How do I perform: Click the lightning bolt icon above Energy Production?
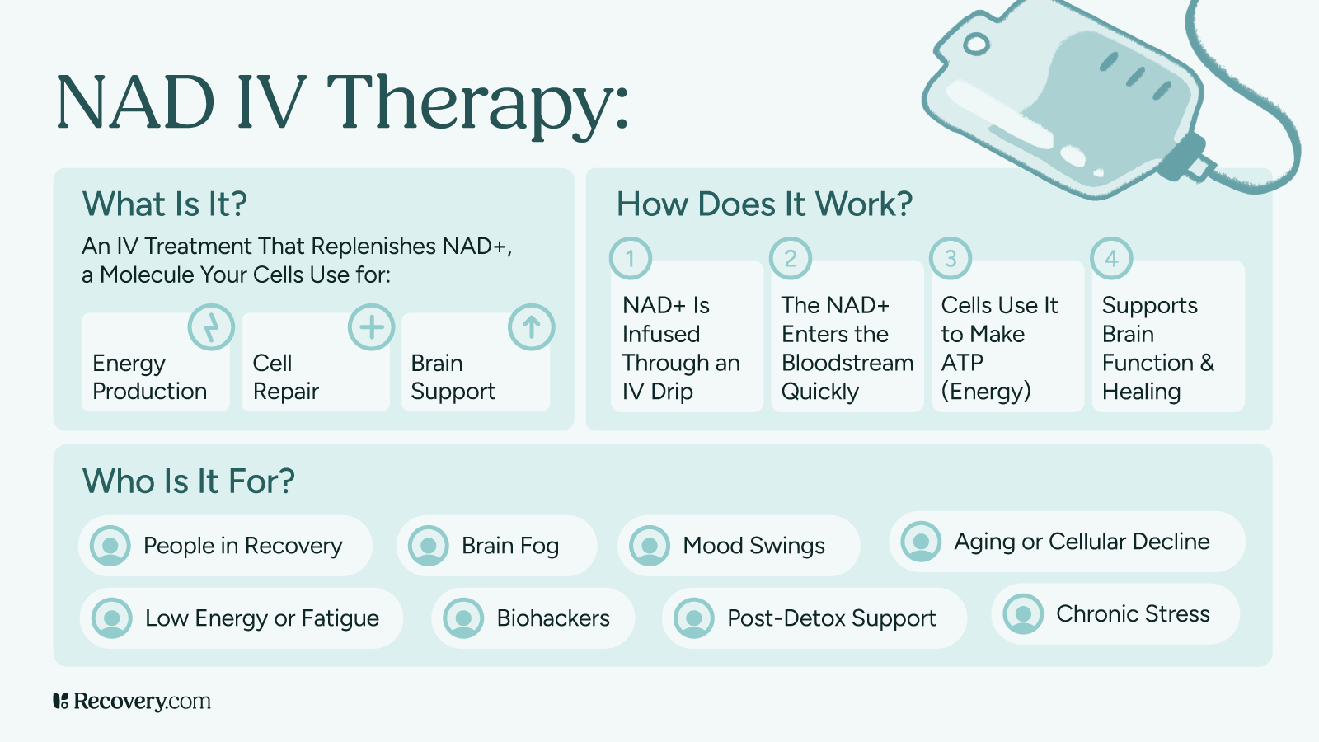211,327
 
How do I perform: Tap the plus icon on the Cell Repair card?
371,327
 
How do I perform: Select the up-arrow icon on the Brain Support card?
531,327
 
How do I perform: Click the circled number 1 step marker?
631,259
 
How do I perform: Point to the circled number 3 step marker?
951,259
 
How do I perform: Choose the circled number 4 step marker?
1111,259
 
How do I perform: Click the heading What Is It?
165,204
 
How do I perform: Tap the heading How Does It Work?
764,204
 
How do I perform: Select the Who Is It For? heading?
189,481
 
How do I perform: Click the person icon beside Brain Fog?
429,546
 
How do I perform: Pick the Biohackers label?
553,618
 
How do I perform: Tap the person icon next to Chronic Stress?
1023,614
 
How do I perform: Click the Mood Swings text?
753,546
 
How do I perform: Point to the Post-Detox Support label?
831,618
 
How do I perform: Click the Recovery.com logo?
132,702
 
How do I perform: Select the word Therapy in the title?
477,104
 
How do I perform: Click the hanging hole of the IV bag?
976,44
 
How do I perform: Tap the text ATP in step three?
962,363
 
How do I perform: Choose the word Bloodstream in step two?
847,363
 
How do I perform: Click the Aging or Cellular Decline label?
1082,542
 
